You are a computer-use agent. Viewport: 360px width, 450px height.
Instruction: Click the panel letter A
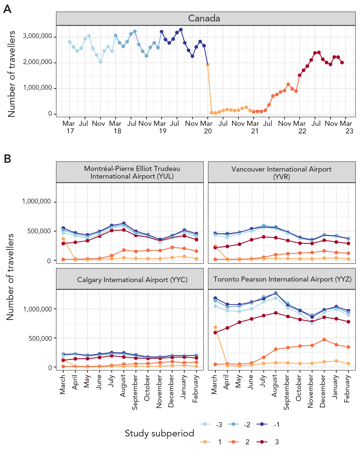tap(7, 9)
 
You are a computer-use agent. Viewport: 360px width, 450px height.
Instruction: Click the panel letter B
tap(7, 159)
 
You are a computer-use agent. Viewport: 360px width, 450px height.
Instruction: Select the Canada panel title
tap(204, 18)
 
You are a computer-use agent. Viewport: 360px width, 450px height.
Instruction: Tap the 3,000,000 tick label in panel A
tap(38, 36)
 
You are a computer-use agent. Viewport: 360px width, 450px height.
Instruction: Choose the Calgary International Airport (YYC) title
tap(132, 280)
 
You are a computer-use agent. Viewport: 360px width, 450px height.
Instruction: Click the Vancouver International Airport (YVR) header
tap(282, 172)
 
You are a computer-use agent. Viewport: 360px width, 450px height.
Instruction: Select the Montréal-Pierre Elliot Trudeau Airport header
tap(132, 172)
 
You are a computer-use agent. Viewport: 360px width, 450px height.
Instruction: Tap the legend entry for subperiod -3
tap(212, 425)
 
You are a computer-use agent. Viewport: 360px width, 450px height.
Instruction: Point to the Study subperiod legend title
tap(160, 433)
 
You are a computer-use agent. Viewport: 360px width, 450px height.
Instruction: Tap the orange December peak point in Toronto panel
tap(324, 340)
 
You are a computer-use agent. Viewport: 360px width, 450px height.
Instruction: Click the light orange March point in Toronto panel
tap(215, 327)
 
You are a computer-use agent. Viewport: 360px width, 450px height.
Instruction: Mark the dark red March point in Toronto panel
tap(215, 333)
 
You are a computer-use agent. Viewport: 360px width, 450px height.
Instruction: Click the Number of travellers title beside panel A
tap(12, 74)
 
